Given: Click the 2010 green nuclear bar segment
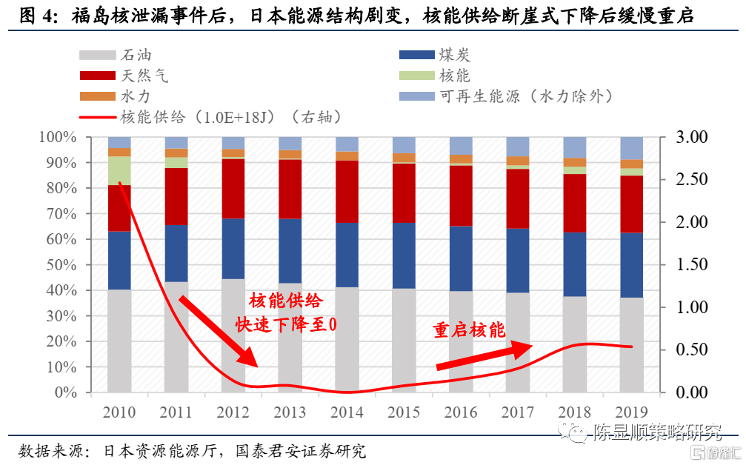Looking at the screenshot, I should [x=119, y=170].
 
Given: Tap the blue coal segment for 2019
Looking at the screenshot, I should [x=631, y=264].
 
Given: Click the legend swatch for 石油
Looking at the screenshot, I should [x=96, y=55].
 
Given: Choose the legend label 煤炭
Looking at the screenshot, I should [x=454, y=55].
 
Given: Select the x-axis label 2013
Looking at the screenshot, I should [x=290, y=412].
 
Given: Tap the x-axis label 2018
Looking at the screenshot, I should [x=574, y=412].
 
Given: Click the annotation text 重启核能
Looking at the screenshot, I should [x=469, y=330].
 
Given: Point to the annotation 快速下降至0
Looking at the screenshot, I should [x=285, y=324].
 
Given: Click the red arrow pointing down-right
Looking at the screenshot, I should [x=217, y=329].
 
